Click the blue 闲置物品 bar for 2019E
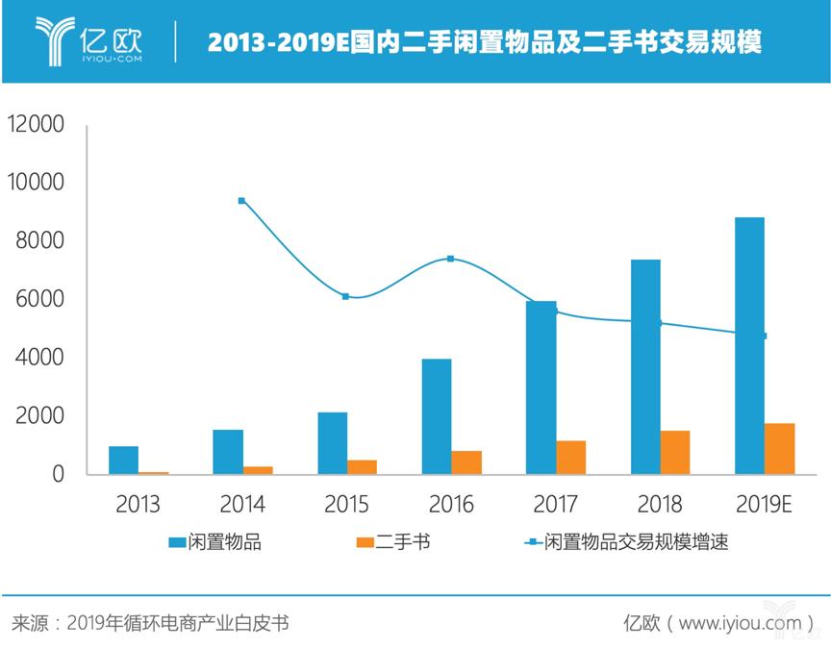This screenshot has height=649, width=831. [x=749, y=345]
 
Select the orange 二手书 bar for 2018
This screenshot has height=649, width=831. [x=675, y=452]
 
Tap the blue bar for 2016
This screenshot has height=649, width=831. [x=437, y=416]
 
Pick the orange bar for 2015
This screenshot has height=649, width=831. [x=363, y=466]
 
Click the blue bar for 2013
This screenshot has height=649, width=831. [x=124, y=460]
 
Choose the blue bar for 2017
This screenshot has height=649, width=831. [x=541, y=387]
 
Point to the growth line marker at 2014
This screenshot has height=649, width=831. [x=241, y=201]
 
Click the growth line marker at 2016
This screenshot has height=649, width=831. [x=450, y=259]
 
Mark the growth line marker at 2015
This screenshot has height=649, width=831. [x=345, y=296]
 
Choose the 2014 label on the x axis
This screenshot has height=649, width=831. [x=242, y=503]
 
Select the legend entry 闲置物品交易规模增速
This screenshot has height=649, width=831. [x=636, y=542]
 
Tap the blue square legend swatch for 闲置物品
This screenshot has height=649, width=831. [x=178, y=543]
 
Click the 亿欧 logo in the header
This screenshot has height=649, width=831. [x=88, y=40]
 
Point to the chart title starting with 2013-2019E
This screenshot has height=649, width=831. [x=485, y=42]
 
